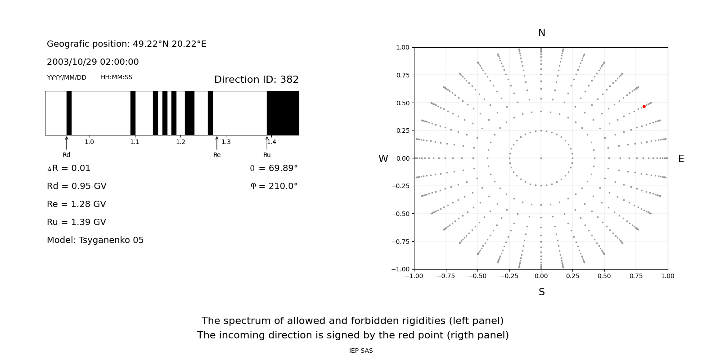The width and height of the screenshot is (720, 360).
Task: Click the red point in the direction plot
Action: coord(644,106)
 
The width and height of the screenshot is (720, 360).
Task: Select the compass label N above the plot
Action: coord(541,33)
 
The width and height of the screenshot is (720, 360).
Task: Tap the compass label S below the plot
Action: coord(541,292)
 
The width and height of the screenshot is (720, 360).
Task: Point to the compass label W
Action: coord(383,159)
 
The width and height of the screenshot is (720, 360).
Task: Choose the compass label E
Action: coord(681,159)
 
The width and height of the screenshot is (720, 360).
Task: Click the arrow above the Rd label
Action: coord(67,143)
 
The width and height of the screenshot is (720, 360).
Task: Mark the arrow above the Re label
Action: coord(217,143)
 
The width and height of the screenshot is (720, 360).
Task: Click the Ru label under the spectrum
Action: coord(267,155)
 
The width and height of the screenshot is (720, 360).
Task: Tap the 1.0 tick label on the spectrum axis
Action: coord(89,142)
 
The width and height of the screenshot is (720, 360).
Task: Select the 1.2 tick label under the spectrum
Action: coord(180,142)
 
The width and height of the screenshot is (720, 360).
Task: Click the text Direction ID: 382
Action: coord(256,80)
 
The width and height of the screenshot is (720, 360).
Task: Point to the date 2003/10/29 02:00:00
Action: coord(93,62)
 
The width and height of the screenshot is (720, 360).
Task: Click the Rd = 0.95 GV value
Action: coord(76,186)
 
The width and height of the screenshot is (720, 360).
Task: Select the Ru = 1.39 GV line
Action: coord(76,222)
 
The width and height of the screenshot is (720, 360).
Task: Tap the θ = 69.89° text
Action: coord(274,168)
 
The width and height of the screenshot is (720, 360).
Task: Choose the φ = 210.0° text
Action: coord(274,186)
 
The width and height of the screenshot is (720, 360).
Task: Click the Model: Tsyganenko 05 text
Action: coord(95,240)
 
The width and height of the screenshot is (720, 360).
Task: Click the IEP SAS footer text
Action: coord(360,351)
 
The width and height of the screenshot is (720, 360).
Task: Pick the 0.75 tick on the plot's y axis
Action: coord(402,75)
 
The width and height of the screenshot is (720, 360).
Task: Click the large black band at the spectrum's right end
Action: coord(283,113)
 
